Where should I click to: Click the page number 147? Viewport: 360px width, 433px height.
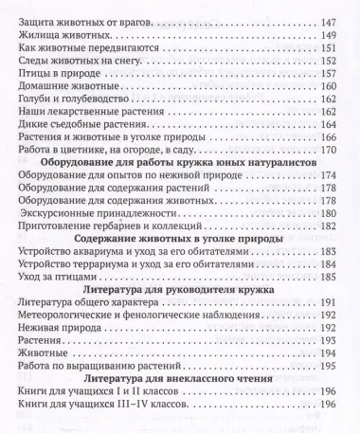330,19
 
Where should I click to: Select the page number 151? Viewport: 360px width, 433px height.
330,51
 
